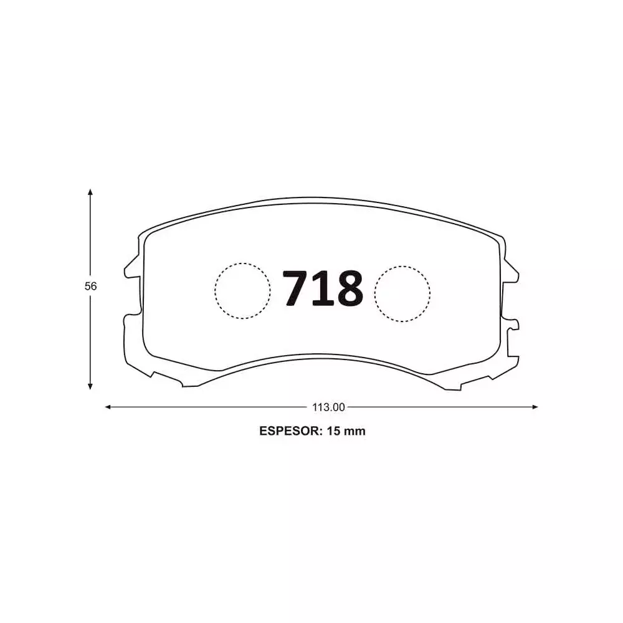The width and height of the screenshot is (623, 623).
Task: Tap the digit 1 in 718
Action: coord(322,289)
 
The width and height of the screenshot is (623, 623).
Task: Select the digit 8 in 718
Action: coord(348,289)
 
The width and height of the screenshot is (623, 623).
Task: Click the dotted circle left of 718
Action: coord(243,291)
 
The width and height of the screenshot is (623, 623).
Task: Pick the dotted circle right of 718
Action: coord(402,292)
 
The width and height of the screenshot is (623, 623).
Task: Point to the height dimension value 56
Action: coord(91,287)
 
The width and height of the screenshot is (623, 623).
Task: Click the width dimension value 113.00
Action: coord(328,407)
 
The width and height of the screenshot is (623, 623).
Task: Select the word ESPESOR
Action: coord(288,431)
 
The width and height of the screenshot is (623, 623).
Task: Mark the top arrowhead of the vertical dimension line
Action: coord(91,193)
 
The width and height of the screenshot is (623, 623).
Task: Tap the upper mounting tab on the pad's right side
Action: coord(511,269)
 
